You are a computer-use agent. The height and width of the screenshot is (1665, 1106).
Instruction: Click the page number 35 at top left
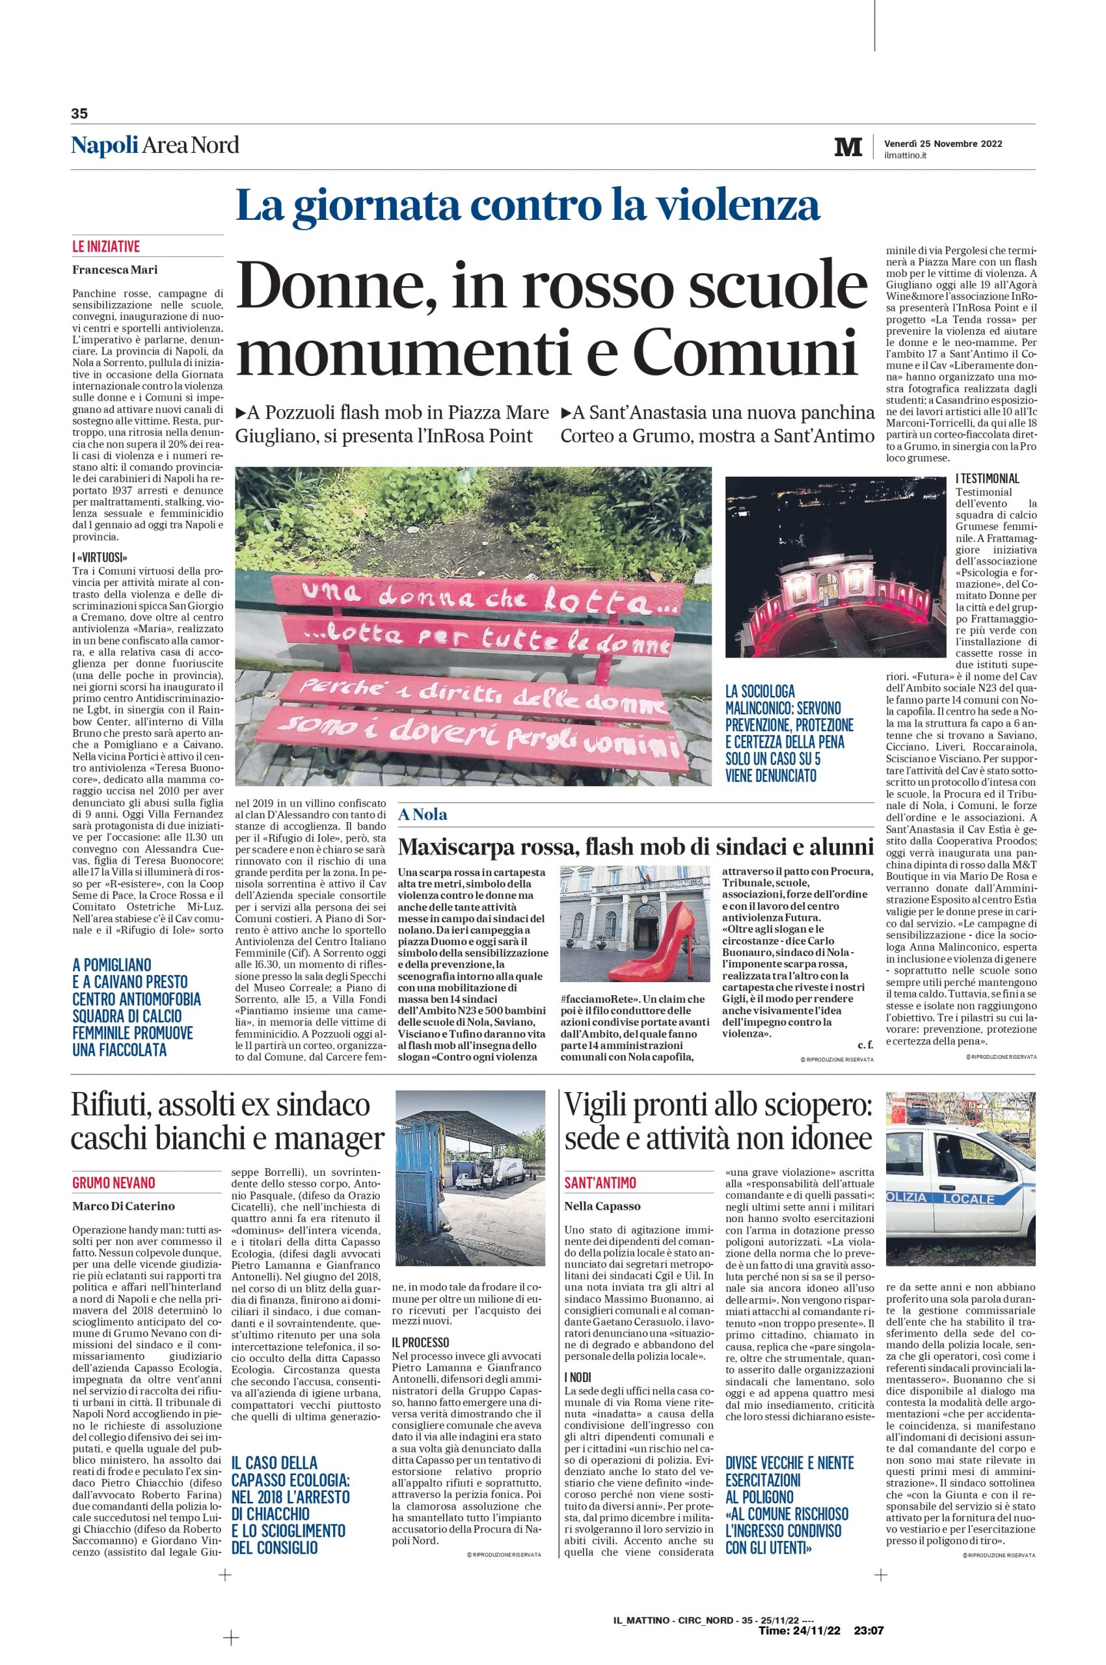pyautogui.click(x=78, y=113)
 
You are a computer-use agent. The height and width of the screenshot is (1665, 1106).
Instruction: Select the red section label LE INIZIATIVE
pyautogui.click(x=106, y=246)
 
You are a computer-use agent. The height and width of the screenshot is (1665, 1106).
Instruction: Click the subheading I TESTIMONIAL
pyautogui.click(x=987, y=479)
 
